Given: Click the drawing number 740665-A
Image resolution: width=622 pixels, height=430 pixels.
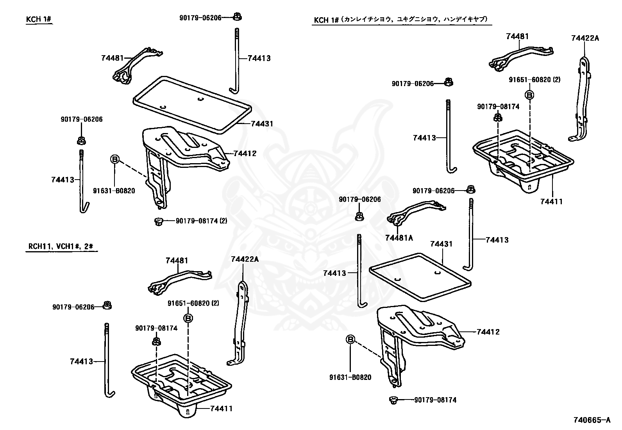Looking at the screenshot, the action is tap(592, 420).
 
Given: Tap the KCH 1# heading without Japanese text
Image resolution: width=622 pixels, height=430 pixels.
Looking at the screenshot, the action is tap(39, 19).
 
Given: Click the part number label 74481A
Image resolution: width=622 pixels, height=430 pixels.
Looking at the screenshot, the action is tap(399, 238).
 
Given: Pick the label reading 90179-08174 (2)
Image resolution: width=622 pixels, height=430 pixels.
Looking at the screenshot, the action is tap(201, 221).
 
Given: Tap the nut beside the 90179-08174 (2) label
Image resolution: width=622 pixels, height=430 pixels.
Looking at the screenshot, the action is tap(158, 222).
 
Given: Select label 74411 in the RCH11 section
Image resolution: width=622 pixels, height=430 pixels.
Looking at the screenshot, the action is tap(221, 408).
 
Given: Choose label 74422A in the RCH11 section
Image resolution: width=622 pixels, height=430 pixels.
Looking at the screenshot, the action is tap(245, 259).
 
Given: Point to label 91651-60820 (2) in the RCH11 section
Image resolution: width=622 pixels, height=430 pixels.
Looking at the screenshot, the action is tap(193, 303).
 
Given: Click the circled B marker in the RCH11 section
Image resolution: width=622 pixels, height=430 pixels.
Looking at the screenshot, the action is tap(188, 318).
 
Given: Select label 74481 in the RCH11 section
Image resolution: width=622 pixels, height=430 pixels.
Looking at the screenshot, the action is tap(177, 260).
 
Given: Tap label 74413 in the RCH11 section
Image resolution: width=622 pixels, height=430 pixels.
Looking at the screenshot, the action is tap(81, 361).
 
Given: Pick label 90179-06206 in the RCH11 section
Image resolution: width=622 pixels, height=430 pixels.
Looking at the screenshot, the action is tap(73, 307).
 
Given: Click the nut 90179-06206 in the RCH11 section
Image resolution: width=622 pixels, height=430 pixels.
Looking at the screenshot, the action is tap(107, 306).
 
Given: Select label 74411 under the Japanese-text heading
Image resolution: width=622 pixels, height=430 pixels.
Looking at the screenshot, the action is tap(551, 202).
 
